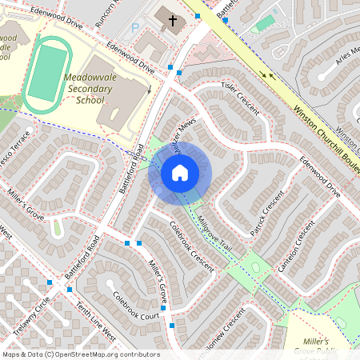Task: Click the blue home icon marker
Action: click(180, 172)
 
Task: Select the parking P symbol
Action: click(135, 27)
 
